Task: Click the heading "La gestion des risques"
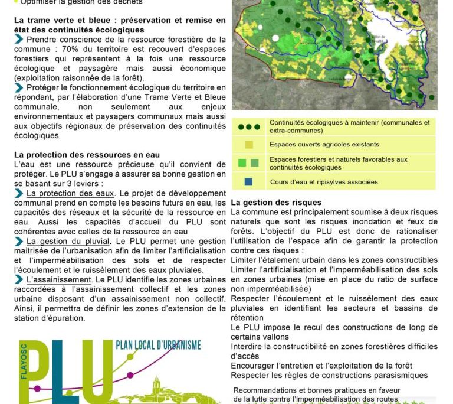click(276, 203)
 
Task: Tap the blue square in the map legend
click(248, 182)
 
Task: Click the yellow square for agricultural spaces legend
click(248, 145)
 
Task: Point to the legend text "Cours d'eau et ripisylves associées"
click(323, 182)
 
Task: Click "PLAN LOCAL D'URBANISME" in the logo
click(158, 345)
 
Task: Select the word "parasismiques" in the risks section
click(401, 375)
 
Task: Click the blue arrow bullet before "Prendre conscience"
click(19, 40)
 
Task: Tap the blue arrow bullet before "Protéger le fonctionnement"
click(19, 87)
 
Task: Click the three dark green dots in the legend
click(248, 126)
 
